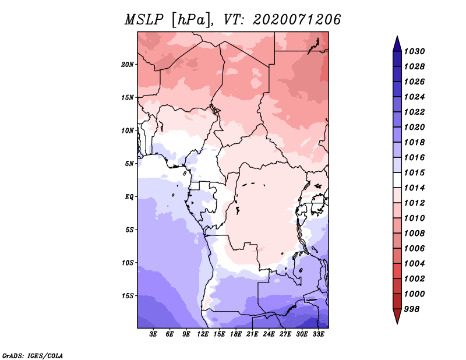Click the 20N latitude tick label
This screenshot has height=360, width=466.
pos(128,64)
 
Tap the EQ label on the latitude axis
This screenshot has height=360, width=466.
pos(129,197)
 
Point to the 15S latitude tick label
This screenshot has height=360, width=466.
pos(128,296)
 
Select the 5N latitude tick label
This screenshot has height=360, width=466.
pos(129,164)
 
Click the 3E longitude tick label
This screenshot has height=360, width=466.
pos(153,334)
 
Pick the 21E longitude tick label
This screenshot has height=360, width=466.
pos(252,334)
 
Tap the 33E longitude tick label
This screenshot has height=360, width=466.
pos(318,334)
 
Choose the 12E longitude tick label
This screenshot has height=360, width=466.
pos(203,334)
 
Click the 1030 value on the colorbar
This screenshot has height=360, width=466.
pos(414,51)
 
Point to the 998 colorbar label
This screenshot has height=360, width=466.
pos(412,309)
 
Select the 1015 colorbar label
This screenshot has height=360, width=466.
pos(414,172)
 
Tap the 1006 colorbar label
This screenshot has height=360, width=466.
pos(414,249)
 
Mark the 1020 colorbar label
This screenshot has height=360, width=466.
pos(414,127)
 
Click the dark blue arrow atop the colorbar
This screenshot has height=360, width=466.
pos(397,44)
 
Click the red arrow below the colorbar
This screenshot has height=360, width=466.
pos(397,316)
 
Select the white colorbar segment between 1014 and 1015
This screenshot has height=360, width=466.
pos(397,180)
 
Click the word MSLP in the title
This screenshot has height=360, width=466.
pos(144,20)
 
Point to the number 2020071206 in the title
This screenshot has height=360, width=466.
pos(296,20)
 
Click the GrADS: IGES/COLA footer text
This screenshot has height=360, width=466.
pos(33,355)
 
